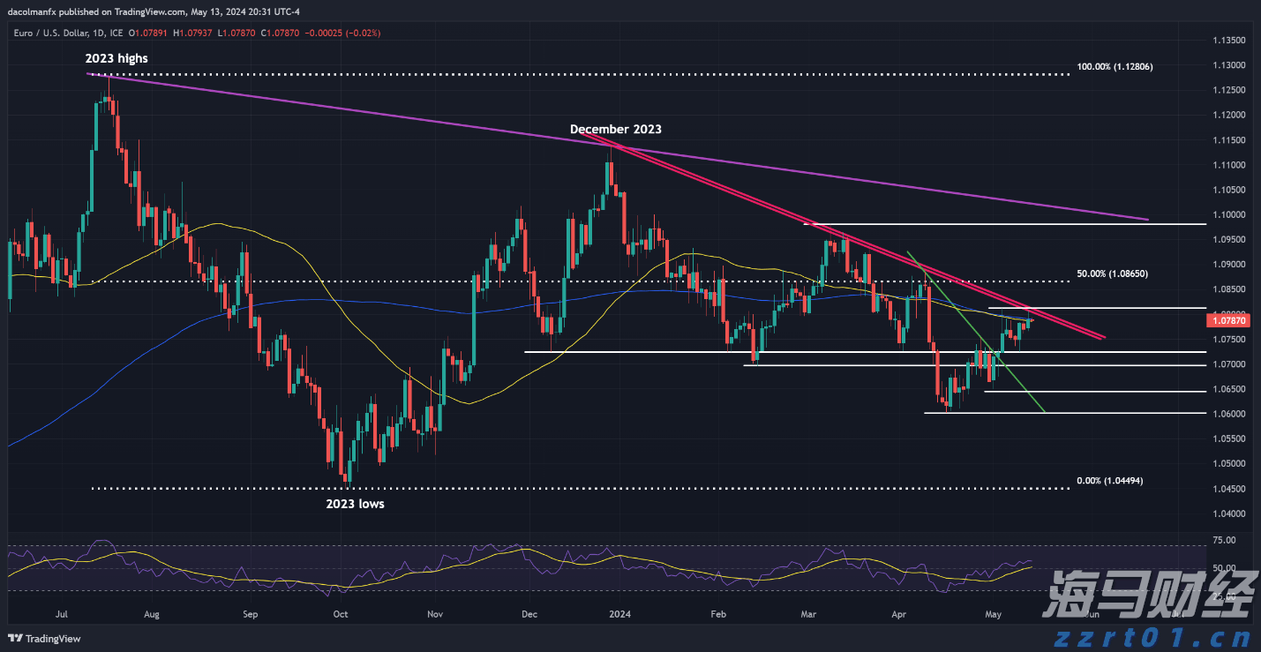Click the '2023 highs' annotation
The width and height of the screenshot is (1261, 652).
tap(116, 58)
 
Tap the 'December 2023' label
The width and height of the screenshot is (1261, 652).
tap(615, 129)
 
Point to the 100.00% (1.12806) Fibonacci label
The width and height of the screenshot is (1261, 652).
tap(1115, 67)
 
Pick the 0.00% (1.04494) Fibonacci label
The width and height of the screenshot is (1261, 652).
tap(1109, 481)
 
